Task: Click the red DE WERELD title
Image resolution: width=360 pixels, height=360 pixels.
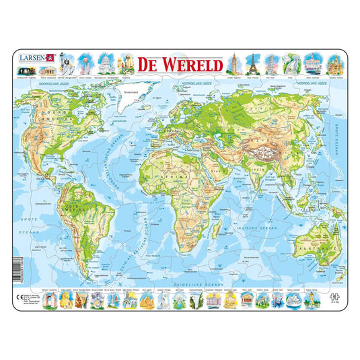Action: (x=180, y=66)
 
